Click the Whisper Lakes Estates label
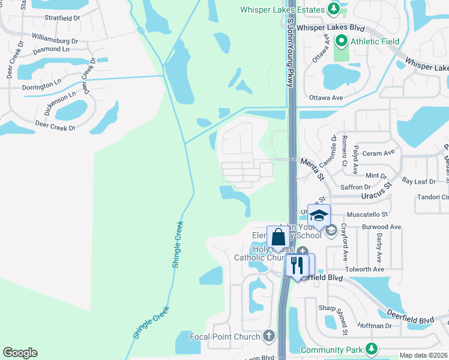(283, 10)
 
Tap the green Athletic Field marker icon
(342, 41)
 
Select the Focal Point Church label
(225, 336)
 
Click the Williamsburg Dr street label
(55, 40)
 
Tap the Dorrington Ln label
(41, 87)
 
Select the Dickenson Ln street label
(61, 103)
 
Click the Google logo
(20, 353)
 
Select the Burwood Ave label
(381, 227)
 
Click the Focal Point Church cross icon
(268, 336)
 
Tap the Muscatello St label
(367, 213)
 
